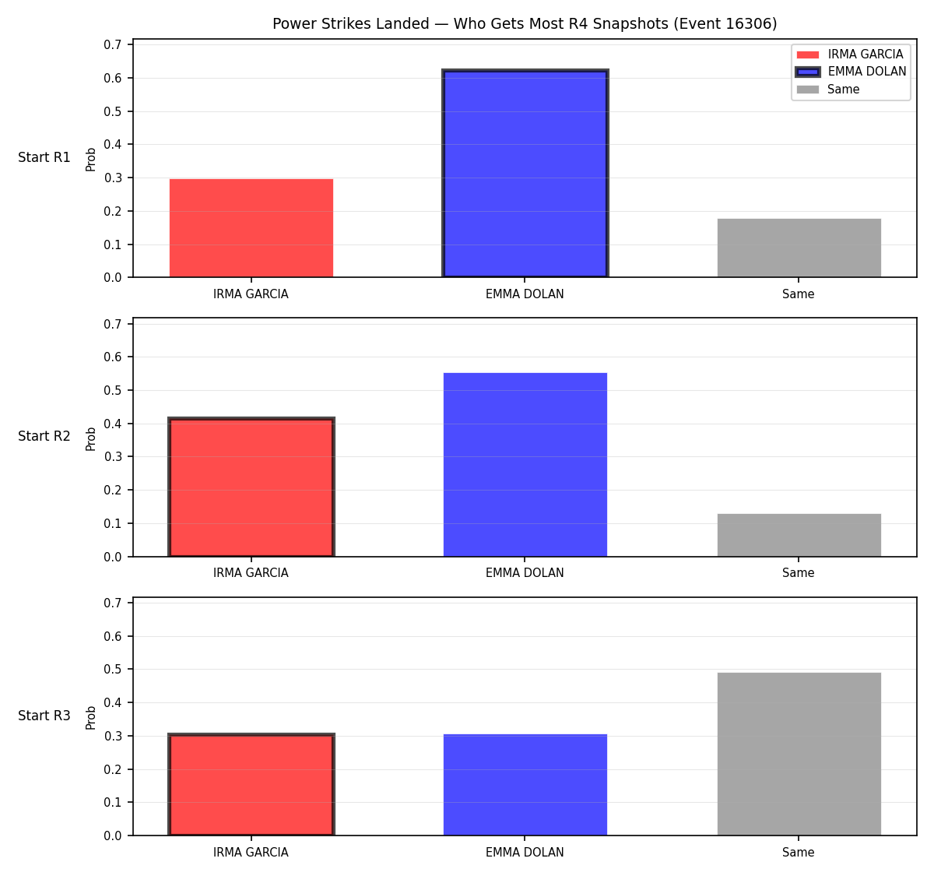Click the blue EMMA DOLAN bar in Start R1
[x=525, y=173]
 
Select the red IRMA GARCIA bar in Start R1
[x=251, y=228]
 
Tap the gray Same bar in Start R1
[x=799, y=248]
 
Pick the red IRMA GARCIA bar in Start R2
[x=251, y=487]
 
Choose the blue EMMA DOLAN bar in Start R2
[x=525, y=465]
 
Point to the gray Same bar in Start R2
[x=799, y=535]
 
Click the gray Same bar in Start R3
[x=799, y=754]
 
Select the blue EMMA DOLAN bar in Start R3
[x=525, y=785]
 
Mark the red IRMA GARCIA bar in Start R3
[x=251, y=785]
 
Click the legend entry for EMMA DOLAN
[x=851, y=72]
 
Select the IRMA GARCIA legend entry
[x=849, y=55]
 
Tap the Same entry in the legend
[x=827, y=90]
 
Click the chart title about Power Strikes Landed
[x=525, y=23]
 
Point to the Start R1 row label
[x=44, y=157]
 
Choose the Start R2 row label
[x=44, y=436]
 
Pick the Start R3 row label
[x=44, y=716]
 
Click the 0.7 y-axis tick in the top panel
[x=112, y=44]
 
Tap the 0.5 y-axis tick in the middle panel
[x=112, y=391]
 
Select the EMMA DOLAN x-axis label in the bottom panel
[x=525, y=853]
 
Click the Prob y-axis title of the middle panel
[x=91, y=439]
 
